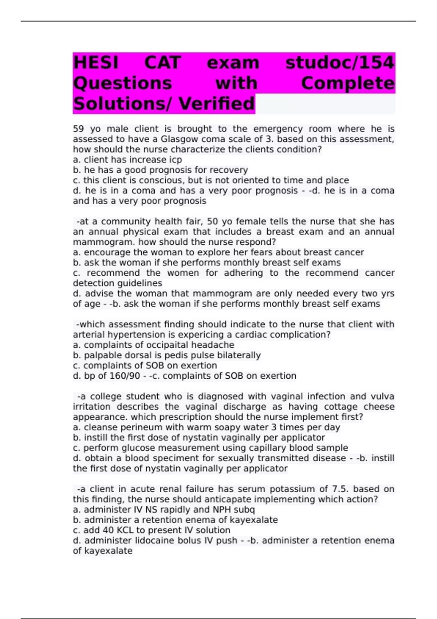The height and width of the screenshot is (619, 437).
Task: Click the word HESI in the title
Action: [96, 63]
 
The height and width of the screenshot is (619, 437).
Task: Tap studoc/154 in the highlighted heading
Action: [340, 63]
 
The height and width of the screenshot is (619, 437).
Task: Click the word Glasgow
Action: [178, 139]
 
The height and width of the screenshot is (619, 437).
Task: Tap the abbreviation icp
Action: [176, 160]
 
